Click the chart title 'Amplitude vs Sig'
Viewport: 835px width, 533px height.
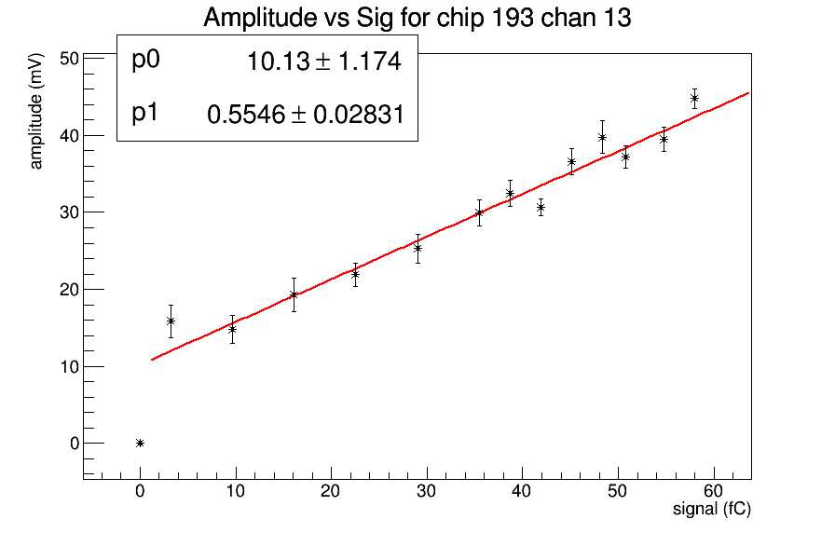(x=417, y=18)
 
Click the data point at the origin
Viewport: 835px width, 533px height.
(x=140, y=443)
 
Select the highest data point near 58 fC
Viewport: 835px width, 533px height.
(x=694, y=98)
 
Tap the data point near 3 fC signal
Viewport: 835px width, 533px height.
(x=171, y=321)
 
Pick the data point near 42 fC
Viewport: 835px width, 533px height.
(x=541, y=207)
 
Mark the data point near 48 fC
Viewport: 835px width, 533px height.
(x=602, y=137)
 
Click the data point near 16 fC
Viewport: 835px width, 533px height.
(x=294, y=294)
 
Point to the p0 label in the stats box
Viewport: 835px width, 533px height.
(x=146, y=61)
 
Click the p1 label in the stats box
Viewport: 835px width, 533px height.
(x=145, y=113)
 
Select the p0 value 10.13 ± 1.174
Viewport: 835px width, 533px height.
(x=323, y=62)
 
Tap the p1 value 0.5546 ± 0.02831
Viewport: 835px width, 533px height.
(x=305, y=115)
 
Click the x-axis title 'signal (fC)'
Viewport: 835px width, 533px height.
(x=711, y=510)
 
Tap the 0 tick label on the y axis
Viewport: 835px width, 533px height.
(x=74, y=443)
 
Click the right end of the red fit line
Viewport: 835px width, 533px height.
(x=748, y=93)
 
